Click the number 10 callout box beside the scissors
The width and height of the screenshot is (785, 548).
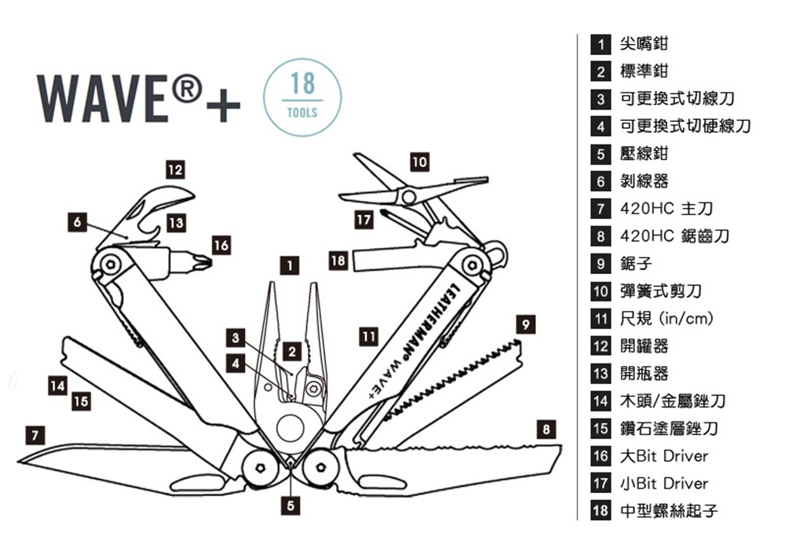click(x=420, y=162)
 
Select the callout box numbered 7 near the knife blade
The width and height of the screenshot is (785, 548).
click(x=33, y=433)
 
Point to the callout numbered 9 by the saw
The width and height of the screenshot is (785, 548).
click(x=528, y=323)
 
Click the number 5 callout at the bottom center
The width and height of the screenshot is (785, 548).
click(x=290, y=506)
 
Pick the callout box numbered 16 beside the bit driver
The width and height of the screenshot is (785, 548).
click(x=221, y=246)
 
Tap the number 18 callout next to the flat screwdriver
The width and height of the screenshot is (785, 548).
click(x=338, y=260)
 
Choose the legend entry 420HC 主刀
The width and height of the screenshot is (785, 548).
click(x=666, y=210)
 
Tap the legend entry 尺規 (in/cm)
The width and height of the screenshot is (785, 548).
click(x=666, y=319)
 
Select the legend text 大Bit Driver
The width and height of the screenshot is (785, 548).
click(x=664, y=456)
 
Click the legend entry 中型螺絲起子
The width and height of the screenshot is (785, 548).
click(x=669, y=511)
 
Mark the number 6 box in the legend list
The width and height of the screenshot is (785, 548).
click(x=601, y=182)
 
